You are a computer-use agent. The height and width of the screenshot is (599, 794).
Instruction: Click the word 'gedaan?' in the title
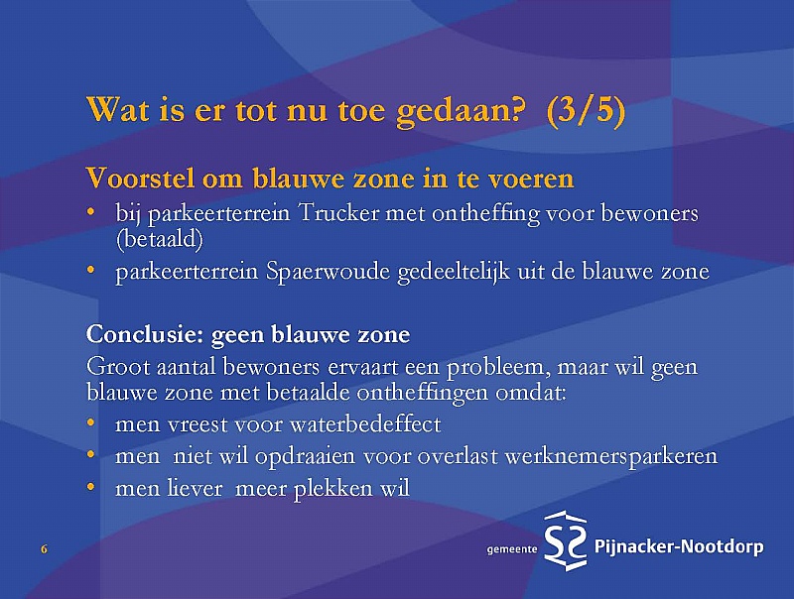pyautogui.click(x=459, y=111)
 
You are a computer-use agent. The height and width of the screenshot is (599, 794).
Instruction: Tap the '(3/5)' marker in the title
pyautogui.click(x=587, y=111)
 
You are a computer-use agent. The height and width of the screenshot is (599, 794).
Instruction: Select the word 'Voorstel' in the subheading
pyautogui.click(x=140, y=178)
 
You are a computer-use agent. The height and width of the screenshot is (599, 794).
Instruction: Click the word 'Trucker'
pyautogui.click(x=338, y=213)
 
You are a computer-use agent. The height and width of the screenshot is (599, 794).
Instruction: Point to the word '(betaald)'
pyautogui.click(x=160, y=239)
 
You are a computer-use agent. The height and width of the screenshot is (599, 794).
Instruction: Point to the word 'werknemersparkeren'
pyautogui.click(x=611, y=457)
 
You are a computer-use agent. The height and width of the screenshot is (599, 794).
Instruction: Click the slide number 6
pyautogui.click(x=44, y=549)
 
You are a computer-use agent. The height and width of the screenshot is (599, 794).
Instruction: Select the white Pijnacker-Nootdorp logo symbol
pyautogui.click(x=566, y=540)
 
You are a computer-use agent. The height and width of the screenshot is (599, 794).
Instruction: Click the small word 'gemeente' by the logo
pyautogui.click(x=512, y=549)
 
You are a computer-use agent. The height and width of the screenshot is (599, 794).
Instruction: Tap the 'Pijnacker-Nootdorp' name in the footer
pyautogui.click(x=679, y=546)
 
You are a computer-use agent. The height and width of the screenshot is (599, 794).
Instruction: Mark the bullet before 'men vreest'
pyautogui.click(x=90, y=421)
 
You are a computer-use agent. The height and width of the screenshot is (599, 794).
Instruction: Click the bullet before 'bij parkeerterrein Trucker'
pyautogui.click(x=90, y=211)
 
